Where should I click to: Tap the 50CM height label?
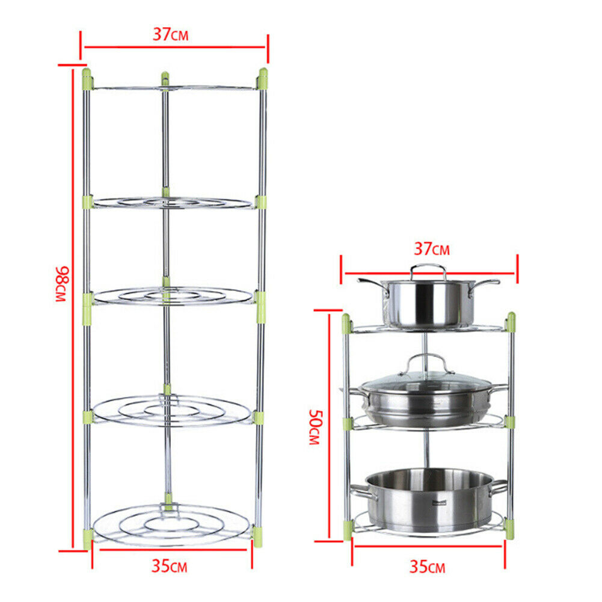coord(315,427)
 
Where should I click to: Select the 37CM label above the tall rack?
coord(170,35)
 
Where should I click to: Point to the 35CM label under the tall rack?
coord(170,566)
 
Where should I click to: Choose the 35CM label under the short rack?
coord(427,567)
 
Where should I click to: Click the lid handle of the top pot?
coord(429,271)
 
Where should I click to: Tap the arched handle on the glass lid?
coord(428,362)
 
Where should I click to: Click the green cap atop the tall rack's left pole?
coord(87,78)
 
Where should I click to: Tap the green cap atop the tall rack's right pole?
coord(263,78)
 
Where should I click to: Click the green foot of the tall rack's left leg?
coord(88,538)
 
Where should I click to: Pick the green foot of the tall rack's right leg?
coord(259,536)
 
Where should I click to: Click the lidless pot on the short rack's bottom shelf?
coord(428,499)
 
